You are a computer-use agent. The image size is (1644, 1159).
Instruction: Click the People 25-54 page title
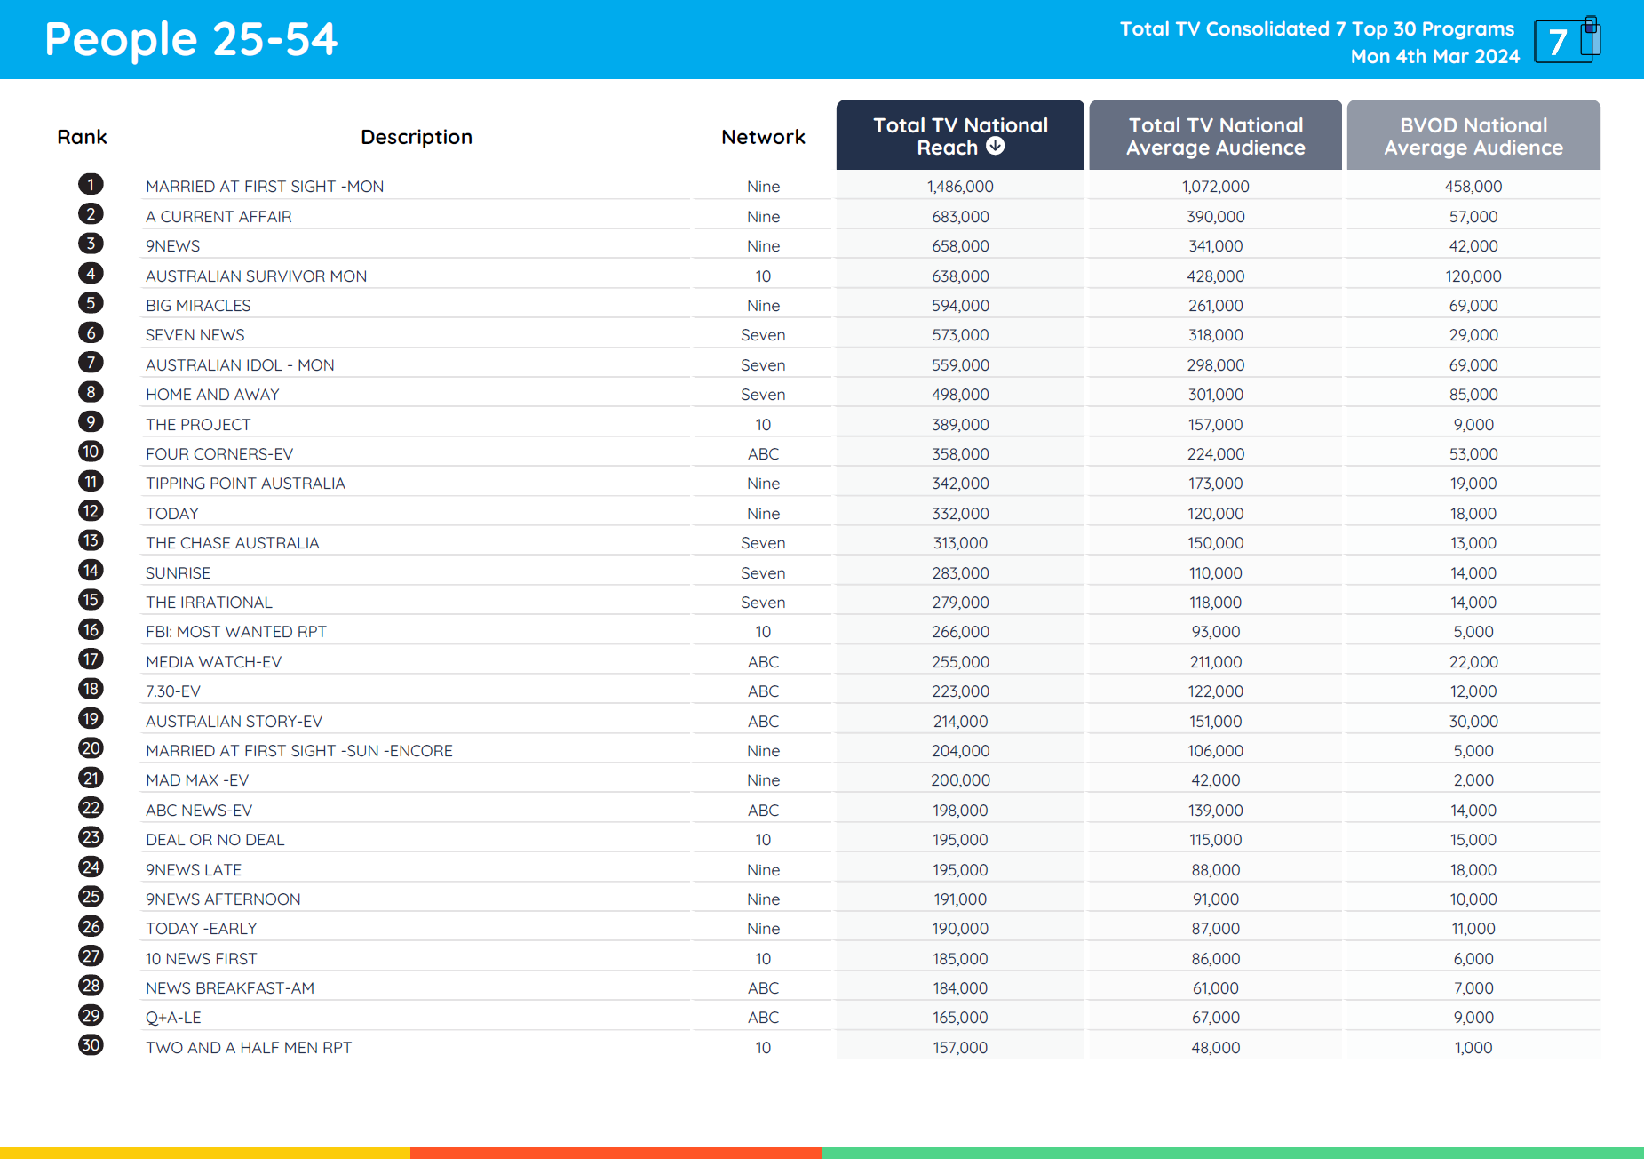pos(191,40)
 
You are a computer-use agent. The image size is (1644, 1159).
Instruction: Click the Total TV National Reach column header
pos(959,135)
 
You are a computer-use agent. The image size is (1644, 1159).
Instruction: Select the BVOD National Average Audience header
pos(1473,136)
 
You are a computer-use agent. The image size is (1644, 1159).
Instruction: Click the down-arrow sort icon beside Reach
pos(996,147)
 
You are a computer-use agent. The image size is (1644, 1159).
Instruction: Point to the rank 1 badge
pos(91,185)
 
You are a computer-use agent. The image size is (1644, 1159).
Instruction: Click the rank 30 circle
pos(91,1045)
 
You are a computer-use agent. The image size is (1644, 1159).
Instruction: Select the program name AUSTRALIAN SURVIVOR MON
pos(256,276)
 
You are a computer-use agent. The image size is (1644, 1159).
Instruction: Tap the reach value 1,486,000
pos(960,187)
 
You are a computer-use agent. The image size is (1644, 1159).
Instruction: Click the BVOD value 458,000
pos(1473,187)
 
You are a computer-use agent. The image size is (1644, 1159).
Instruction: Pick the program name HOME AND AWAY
pos(212,395)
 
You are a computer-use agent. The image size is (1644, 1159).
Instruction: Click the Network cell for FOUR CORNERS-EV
pos(763,454)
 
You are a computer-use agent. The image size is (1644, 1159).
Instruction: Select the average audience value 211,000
pos(1215,662)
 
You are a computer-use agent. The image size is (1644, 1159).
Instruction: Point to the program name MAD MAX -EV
pos(197,780)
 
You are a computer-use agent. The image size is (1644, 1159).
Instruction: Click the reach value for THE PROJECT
pos(960,425)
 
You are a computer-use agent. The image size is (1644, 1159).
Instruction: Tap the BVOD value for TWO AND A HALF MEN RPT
pos(1473,1048)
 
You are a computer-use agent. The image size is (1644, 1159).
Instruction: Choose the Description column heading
pos(416,137)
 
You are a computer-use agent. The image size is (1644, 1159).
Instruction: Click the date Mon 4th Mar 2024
pos(1434,57)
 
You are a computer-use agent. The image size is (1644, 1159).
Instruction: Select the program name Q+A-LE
pos(173,1018)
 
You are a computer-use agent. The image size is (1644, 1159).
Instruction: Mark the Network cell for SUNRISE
pos(763,573)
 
